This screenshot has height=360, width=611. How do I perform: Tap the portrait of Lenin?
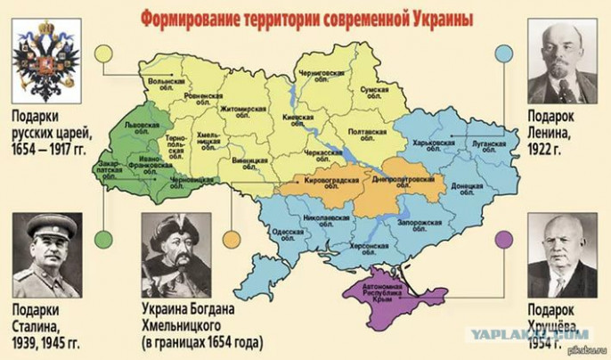coord(563,63)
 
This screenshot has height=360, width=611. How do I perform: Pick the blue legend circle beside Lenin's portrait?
coord(504,53)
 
